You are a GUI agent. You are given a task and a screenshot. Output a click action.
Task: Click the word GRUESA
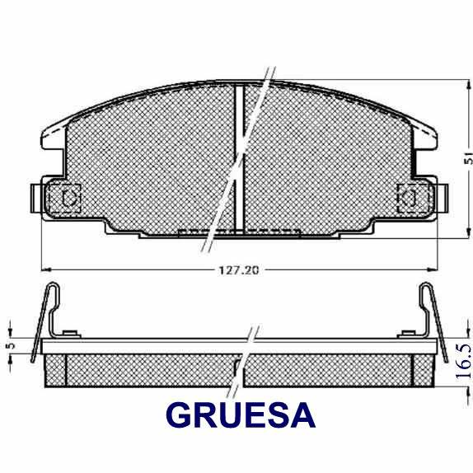241,415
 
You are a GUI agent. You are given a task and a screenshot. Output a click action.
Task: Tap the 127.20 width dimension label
239,270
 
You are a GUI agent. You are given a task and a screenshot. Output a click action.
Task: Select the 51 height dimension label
468,159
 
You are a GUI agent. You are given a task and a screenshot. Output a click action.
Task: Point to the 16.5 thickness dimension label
463,361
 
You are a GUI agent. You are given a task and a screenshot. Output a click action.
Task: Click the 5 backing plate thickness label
12,346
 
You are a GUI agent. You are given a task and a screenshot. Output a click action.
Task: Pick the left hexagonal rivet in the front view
69,198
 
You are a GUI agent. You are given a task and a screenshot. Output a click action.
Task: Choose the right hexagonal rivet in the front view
409,198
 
